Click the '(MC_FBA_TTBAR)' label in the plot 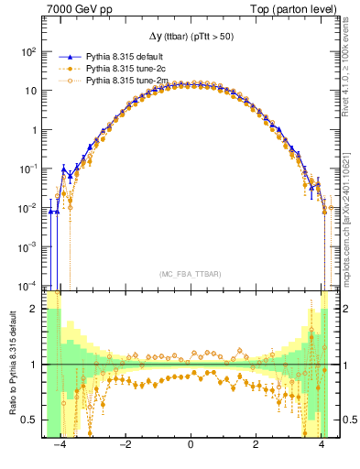(189, 273)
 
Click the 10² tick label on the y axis (29, 52)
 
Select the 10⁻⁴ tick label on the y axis (29, 284)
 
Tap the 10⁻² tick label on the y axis (29, 207)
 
